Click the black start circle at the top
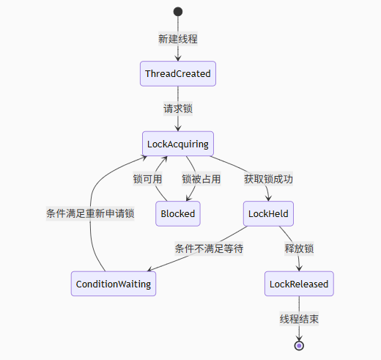[178, 12]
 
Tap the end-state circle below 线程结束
[299, 345]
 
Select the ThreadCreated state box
[178, 73]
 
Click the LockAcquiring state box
[178, 144]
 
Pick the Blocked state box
[178, 213]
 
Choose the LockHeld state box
[268, 213]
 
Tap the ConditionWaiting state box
[114, 284]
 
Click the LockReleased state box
[299, 284]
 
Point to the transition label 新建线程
[178, 39]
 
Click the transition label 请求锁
[178, 109]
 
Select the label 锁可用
[147, 179]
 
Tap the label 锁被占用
[201, 179]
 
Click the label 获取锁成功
[268, 179]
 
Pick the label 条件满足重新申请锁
[90, 213]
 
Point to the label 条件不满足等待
[209, 249]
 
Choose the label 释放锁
[299, 249]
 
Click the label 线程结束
[299, 319]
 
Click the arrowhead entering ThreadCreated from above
[178, 59]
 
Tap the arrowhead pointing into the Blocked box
[188, 198]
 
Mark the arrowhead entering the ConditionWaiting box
[150, 269]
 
